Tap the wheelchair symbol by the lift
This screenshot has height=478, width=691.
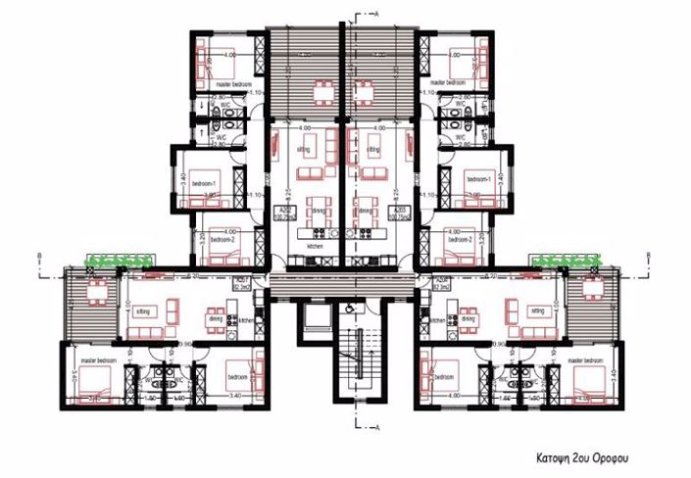click(351, 307)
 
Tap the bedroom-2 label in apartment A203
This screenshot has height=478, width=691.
click(460, 239)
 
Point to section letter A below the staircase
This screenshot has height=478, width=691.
click(376, 428)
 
